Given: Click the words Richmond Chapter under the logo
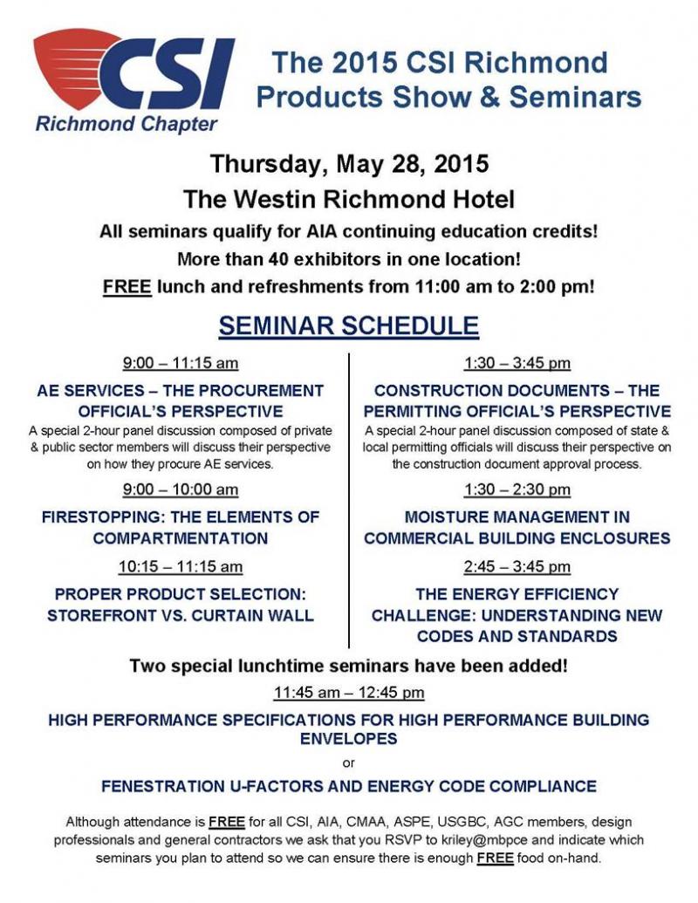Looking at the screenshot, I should [127, 124].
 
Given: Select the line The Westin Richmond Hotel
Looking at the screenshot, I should [349, 199].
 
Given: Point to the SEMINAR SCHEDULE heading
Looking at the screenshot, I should [348, 325].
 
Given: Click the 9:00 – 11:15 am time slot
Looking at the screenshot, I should [181, 363].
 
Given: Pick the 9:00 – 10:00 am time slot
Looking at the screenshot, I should [181, 489].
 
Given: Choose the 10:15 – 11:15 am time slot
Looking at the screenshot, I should [181, 567].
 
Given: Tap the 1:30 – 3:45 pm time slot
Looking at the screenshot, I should [517, 363].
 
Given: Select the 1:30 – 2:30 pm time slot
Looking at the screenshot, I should [517, 489].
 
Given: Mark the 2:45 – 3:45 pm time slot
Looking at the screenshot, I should [517, 567].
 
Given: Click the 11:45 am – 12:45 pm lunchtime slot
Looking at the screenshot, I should [349, 694].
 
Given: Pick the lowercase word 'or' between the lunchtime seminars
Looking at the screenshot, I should [349, 763].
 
